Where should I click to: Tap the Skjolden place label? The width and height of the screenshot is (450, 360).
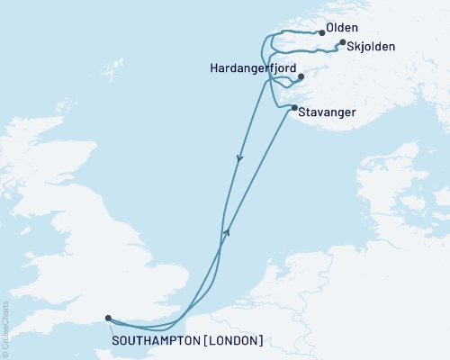pos(371,47)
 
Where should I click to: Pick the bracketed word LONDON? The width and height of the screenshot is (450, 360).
pos(235,340)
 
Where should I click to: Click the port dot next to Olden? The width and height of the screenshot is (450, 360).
pos(322,33)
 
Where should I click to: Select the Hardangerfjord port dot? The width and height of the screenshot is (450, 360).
pos(301,76)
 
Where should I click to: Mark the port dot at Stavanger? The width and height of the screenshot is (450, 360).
pos(294,108)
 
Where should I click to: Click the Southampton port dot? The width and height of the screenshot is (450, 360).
pos(108,318)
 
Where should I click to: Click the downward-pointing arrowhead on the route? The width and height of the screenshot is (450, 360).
pos(239,158)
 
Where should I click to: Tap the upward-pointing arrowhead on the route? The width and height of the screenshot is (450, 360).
pos(229,231)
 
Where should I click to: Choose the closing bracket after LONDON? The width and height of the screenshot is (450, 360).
pos(261,340)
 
